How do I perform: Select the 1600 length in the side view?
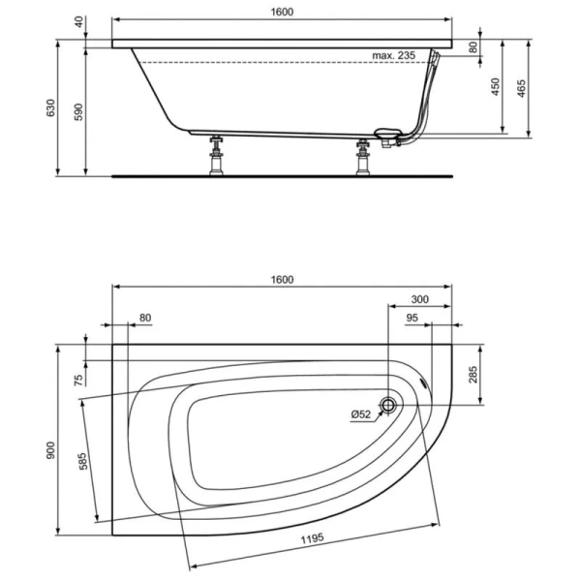282,11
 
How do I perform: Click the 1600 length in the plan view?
282,279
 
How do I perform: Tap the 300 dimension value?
420,299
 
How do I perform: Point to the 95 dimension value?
411,318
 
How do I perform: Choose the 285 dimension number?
474,375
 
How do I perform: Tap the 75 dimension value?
78,379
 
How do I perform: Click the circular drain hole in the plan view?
389,407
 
